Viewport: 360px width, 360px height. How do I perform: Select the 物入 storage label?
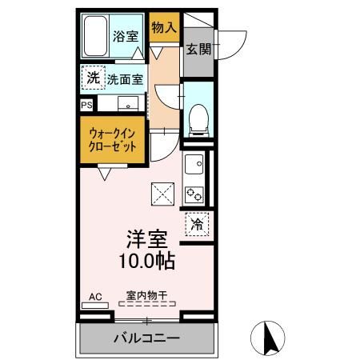(x=163, y=28)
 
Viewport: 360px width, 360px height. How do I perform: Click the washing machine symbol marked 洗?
(x=93, y=78)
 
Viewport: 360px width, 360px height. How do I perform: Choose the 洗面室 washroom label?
(x=126, y=79)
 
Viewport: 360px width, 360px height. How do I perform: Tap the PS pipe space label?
(x=86, y=104)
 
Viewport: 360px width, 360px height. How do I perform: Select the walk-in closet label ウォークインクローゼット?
(x=112, y=141)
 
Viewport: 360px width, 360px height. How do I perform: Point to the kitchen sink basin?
(x=194, y=166)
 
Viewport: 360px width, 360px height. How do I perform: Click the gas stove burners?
(x=194, y=193)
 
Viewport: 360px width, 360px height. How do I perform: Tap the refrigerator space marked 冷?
(x=197, y=223)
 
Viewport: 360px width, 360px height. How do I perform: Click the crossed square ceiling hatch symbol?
(x=163, y=193)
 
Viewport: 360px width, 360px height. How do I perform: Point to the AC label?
(x=95, y=297)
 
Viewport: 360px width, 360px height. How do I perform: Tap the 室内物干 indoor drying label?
(x=146, y=295)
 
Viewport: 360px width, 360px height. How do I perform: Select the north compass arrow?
(x=270, y=335)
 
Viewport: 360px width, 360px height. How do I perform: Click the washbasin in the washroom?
(x=127, y=104)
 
